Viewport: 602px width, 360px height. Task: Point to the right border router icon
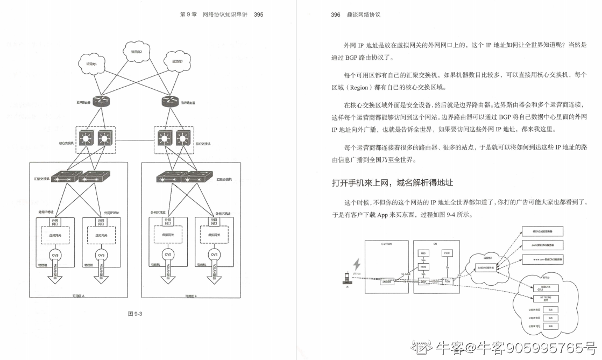click(x=169, y=101)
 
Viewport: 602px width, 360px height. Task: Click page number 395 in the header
click(x=258, y=15)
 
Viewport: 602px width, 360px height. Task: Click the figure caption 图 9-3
click(x=133, y=314)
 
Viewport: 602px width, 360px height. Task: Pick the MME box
click(x=423, y=266)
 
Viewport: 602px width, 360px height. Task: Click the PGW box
click(x=447, y=281)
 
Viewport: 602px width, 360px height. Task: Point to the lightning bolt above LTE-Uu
click(x=356, y=265)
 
